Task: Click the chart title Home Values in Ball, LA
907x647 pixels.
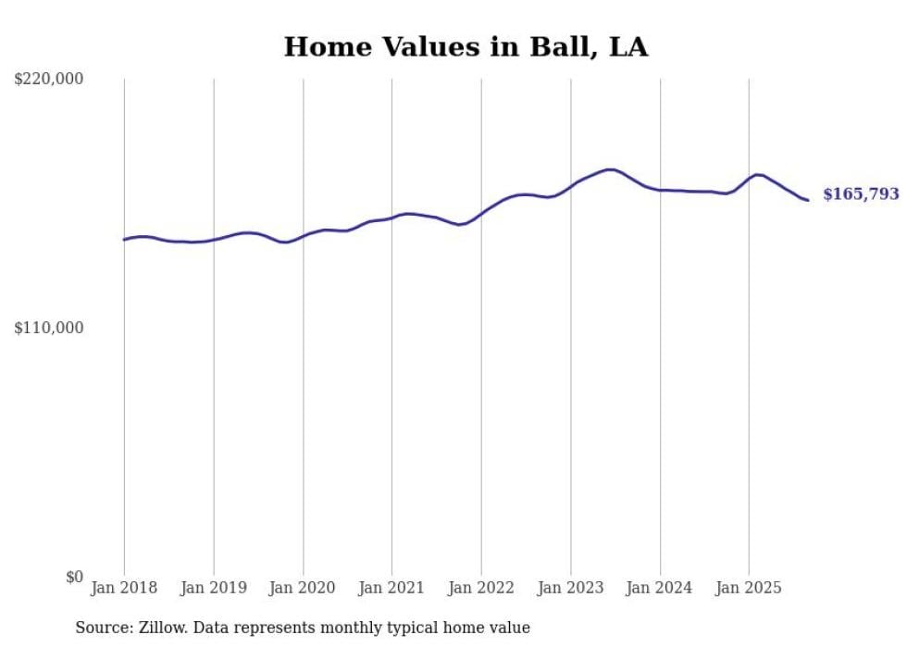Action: click(x=466, y=47)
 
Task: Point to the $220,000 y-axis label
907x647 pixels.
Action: click(x=49, y=80)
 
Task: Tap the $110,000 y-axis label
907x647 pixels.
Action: click(x=49, y=328)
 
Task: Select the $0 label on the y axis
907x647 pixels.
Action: click(x=74, y=577)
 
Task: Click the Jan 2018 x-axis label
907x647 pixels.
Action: click(x=124, y=588)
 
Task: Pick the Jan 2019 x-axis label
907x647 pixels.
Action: click(x=214, y=588)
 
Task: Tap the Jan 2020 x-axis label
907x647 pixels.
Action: click(x=303, y=588)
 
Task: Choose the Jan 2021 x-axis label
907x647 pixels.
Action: click(x=391, y=588)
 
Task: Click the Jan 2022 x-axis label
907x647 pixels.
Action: click(x=481, y=588)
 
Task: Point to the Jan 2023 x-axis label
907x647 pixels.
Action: click(x=570, y=588)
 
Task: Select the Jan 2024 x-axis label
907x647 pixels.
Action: click(x=660, y=588)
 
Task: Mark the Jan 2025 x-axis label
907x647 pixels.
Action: click(x=749, y=588)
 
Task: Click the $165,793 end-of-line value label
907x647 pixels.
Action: click(x=861, y=194)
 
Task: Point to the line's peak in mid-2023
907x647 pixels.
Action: click(x=610, y=169)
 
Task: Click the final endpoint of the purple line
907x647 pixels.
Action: click(x=808, y=200)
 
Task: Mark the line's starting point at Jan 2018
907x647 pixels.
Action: click(x=124, y=240)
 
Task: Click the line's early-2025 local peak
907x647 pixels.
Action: click(x=758, y=174)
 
